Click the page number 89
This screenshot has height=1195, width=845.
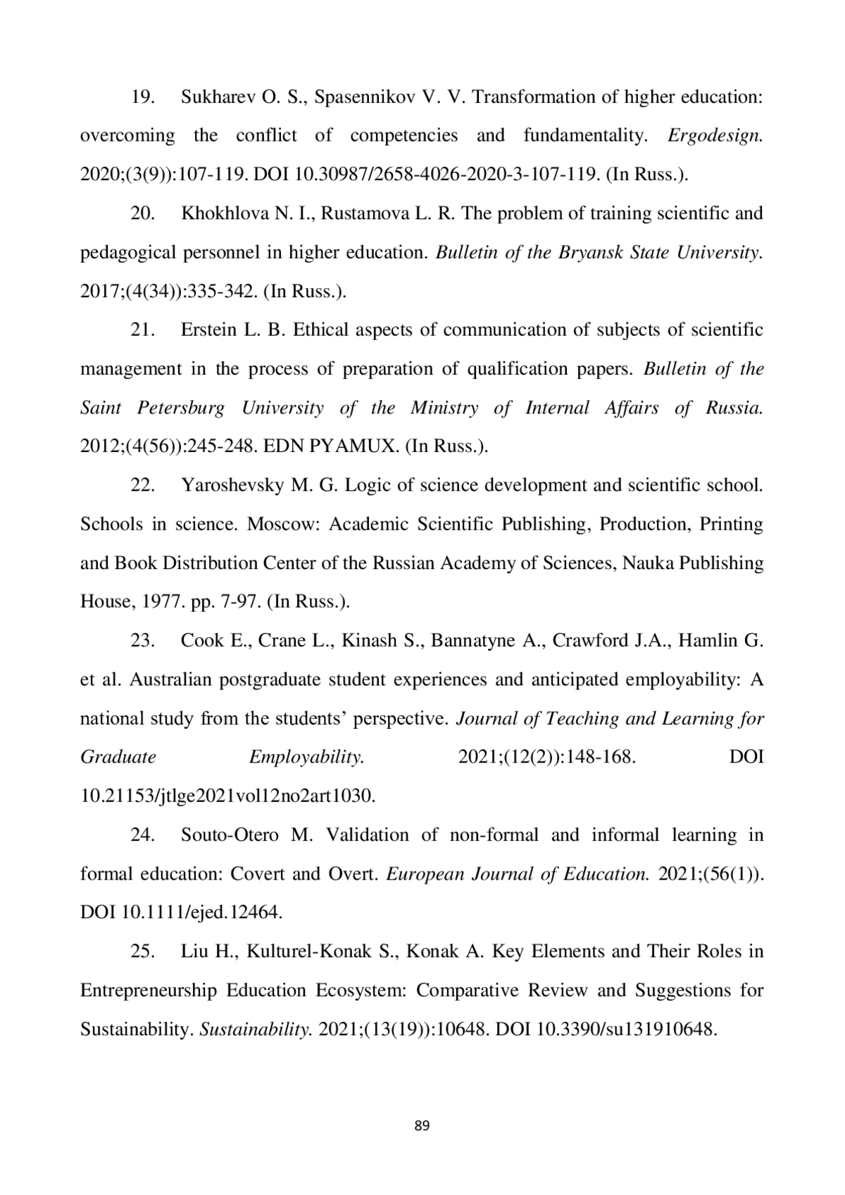[422, 1125]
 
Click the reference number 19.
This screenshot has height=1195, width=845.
[143, 96]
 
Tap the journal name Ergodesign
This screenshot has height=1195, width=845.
[715, 135]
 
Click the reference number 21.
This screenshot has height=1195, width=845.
[143, 330]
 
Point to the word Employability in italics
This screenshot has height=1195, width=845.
[306, 757]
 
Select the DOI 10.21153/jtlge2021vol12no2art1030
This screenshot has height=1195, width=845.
[227, 796]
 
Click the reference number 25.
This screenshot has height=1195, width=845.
[143, 951]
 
